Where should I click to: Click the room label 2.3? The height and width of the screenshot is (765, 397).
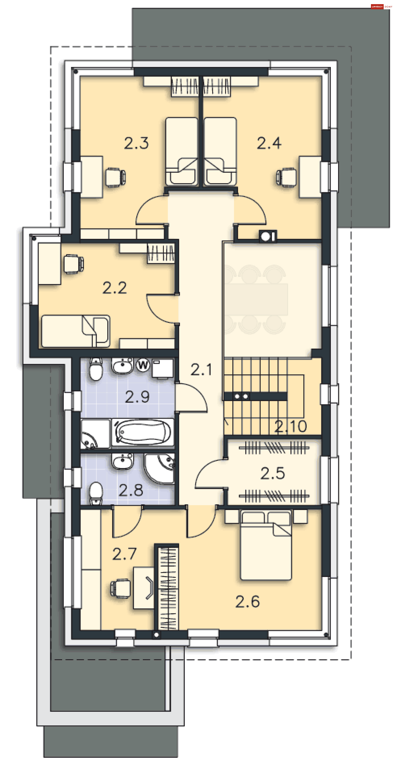tap(136, 143)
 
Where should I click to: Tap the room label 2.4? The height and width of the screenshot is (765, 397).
tap(269, 143)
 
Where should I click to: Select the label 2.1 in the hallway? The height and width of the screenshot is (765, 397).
tap(201, 370)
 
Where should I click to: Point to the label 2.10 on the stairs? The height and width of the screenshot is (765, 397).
tap(290, 427)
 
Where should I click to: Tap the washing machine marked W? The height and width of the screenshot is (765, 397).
tap(143, 365)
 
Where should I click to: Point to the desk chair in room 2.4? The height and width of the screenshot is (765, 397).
tap(287, 177)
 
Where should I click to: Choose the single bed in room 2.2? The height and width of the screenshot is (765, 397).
tap(76, 331)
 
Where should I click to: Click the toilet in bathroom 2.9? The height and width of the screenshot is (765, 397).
tap(96, 369)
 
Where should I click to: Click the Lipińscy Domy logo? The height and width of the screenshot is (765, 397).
tap(381, 6)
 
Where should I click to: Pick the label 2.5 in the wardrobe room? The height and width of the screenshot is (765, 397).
tap(272, 473)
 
